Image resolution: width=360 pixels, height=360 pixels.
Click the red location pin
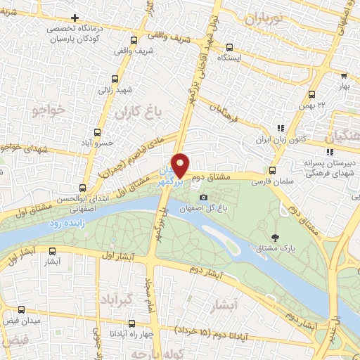click(181, 165)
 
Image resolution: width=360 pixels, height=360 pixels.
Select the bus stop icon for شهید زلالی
click(115, 79)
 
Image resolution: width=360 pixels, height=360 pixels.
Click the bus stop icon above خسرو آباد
click(97, 131)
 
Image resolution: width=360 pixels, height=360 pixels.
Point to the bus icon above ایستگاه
click(229, 47)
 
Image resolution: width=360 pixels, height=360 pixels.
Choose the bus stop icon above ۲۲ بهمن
click(312, 95)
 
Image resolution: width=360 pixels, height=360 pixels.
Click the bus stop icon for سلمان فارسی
click(273, 169)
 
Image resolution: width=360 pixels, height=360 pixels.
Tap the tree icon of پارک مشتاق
click(274, 237)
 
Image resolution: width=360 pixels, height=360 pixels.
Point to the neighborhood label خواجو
click(48, 110)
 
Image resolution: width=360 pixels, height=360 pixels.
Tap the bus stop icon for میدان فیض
click(21, 309)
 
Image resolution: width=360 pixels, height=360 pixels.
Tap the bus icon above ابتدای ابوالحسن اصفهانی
click(83, 188)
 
